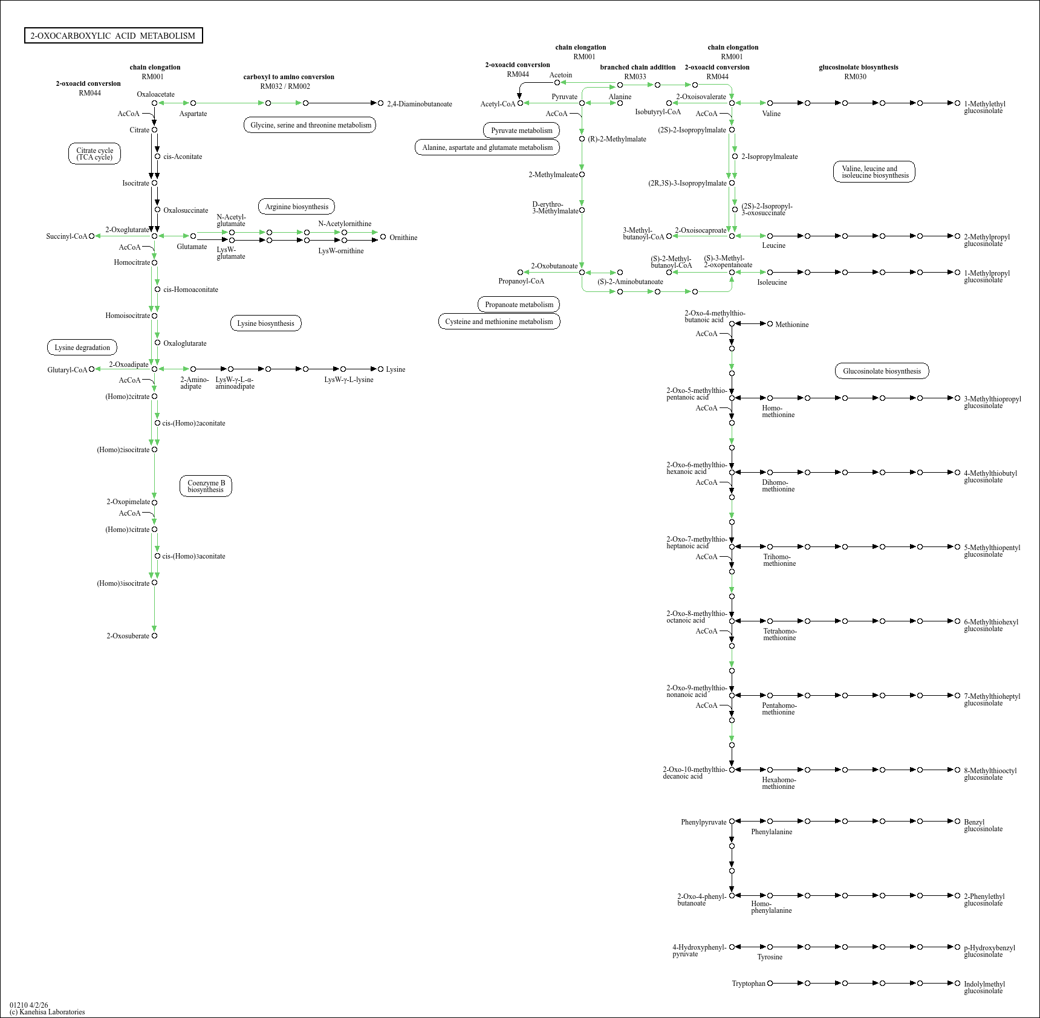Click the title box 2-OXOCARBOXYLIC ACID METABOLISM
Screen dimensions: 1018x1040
pyautogui.click(x=113, y=36)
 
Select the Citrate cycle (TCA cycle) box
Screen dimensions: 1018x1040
pyautogui.click(x=94, y=154)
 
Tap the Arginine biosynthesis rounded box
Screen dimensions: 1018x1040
pyautogui.click(x=296, y=207)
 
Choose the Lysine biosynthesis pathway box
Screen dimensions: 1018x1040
pyautogui.click(x=265, y=323)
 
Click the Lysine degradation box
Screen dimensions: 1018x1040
pyautogui.click(x=82, y=348)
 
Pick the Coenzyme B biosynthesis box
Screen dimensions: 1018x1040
pyautogui.click(x=206, y=486)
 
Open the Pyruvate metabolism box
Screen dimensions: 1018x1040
pyautogui.click(x=521, y=131)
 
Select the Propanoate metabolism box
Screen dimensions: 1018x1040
pyautogui.click(x=519, y=305)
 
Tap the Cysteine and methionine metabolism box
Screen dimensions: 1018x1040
pyautogui.click(x=499, y=322)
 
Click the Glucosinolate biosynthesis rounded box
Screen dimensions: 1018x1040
pyautogui.click(x=882, y=371)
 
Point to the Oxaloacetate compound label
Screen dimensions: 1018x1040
pyautogui.click(x=155, y=94)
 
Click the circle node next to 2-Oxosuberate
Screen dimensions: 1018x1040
pyautogui.click(x=154, y=636)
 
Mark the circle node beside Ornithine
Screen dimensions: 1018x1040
pyautogui.click(x=383, y=237)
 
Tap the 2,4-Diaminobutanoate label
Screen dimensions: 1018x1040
pyautogui.click(x=420, y=104)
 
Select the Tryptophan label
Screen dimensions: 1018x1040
pyautogui.click(x=749, y=984)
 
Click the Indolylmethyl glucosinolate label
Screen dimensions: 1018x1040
pyautogui.click(x=984, y=987)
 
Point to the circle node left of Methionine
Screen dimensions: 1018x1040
pyautogui.click(x=770, y=324)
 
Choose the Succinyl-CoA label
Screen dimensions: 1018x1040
pyautogui.click(x=67, y=236)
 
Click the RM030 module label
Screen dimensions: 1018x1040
pyautogui.click(x=855, y=77)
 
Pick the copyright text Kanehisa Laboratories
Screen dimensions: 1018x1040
pyautogui.click(x=47, y=1012)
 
